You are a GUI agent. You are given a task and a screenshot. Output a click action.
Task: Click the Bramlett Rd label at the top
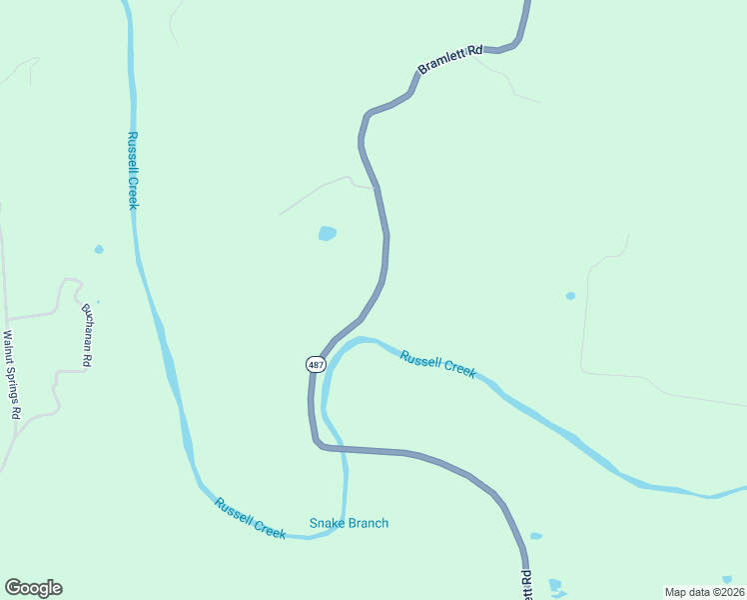click(449, 60)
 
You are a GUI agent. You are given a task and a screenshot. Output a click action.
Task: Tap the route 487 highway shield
click(316, 365)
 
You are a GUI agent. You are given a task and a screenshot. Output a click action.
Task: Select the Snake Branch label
click(349, 523)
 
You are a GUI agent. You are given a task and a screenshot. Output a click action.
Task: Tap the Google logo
click(33, 588)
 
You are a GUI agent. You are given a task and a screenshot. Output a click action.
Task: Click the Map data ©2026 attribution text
click(704, 592)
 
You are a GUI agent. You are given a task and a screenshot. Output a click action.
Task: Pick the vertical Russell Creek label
click(132, 170)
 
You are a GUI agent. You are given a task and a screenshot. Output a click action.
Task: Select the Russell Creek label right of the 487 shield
click(437, 363)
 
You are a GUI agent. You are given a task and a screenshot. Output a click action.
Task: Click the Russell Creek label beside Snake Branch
click(250, 517)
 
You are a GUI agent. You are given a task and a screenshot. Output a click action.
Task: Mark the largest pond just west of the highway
click(327, 234)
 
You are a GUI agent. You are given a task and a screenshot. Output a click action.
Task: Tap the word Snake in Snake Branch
click(326, 523)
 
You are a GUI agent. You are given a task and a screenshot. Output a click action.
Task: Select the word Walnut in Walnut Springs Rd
click(9, 347)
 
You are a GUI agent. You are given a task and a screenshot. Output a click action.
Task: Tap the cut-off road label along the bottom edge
click(526, 585)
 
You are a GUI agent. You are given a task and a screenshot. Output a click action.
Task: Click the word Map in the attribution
click(675, 592)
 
